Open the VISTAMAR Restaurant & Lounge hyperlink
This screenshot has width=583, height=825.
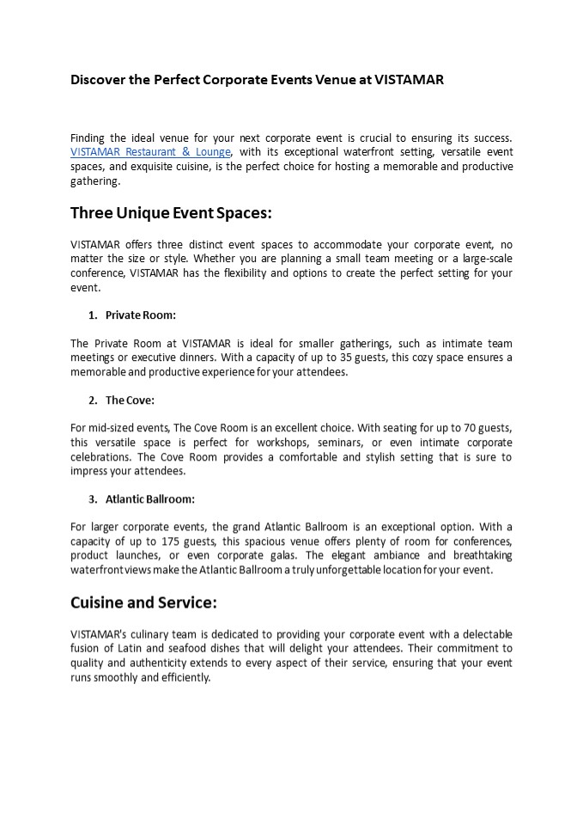[150, 152]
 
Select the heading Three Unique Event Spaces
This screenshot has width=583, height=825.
[171, 212]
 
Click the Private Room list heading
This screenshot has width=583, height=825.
[141, 315]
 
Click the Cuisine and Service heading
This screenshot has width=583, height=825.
[143, 602]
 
